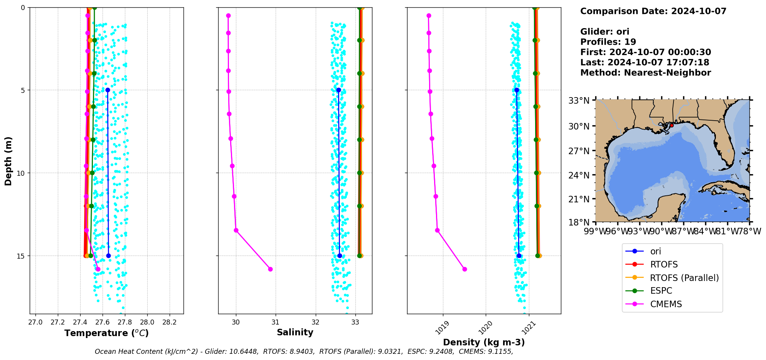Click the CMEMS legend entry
pyautogui.click(x=666, y=304)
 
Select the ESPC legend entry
pyautogui.click(x=661, y=291)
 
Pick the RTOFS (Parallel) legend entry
pyautogui.click(x=684, y=278)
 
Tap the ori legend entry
pyautogui.click(x=655, y=251)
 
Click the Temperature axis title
pyautogui.click(x=106, y=333)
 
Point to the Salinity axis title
pyautogui.click(x=295, y=332)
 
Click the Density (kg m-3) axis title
pyautogui.click(x=484, y=342)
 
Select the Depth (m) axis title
pyautogui.click(x=8, y=161)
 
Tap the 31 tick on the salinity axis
pyautogui.click(x=276, y=322)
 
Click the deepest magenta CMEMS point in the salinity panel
pyautogui.click(x=270, y=269)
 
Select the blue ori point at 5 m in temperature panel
pyautogui.click(x=108, y=90)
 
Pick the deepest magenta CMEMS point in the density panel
pyautogui.click(x=465, y=269)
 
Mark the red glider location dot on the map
pyautogui.click(x=672, y=125)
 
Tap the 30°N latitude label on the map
pyautogui.click(x=579, y=126)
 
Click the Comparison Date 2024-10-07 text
pyautogui.click(x=653, y=11)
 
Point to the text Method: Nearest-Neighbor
pyautogui.click(x=645, y=73)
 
